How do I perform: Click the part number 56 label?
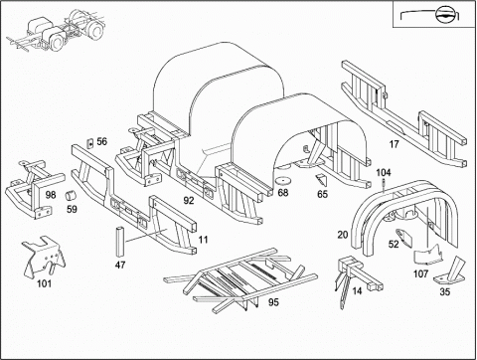click(x=102, y=141)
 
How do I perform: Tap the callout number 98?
click(x=51, y=195)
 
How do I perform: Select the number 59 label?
click(x=72, y=209)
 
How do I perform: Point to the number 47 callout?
click(x=120, y=265)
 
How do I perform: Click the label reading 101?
click(x=44, y=283)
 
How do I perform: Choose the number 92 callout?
click(x=189, y=200)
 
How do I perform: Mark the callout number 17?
click(x=394, y=144)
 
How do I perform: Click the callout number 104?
click(x=384, y=172)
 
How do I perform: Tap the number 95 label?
click(x=273, y=302)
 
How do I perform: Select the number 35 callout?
click(x=445, y=291)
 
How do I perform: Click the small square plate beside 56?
click(x=89, y=143)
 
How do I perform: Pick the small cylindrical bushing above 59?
click(x=70, y=195)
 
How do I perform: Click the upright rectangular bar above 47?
click(x=120, y=242)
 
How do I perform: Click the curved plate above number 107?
click(x=429, y=256)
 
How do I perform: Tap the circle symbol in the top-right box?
click(x=444, y=15)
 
